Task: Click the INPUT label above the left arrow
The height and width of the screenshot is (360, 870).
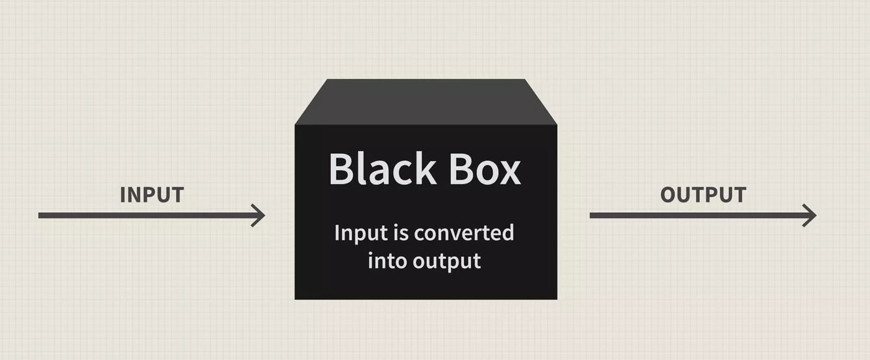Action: [152, 195]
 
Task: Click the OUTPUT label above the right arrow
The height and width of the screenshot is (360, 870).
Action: [703, 195]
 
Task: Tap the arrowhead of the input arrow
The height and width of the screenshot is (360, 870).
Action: [258, 215]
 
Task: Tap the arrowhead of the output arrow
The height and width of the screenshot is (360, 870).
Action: [810, 215]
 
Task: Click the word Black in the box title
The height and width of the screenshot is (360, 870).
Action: [382, 168]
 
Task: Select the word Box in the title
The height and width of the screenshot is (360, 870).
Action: [485, 169]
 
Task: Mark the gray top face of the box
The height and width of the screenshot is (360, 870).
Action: [426, 102]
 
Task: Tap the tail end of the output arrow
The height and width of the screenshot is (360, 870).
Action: [590, 215]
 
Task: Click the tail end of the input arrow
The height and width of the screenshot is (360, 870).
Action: [38, 215]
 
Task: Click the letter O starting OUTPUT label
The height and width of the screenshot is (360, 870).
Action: [668, 195]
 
